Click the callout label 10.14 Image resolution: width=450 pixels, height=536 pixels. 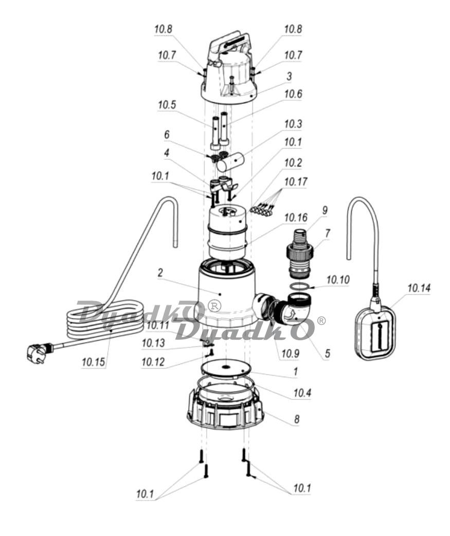click(419, 288)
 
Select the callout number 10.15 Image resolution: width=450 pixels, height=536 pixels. click(94, 362)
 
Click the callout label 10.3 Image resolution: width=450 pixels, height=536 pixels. click(293, 123)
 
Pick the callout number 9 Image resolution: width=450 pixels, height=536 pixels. click(325, 210)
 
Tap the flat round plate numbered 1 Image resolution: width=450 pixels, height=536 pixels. click(225, 368)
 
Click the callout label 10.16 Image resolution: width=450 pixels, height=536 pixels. click(296, 217)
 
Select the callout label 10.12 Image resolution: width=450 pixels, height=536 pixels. click(153, 361)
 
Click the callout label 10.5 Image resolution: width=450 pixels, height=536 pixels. click(167, 105)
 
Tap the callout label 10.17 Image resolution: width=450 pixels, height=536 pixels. click(296, 181)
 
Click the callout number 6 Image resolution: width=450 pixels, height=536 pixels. click(167, 134)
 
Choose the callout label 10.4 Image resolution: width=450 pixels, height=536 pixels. click(302, 393)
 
